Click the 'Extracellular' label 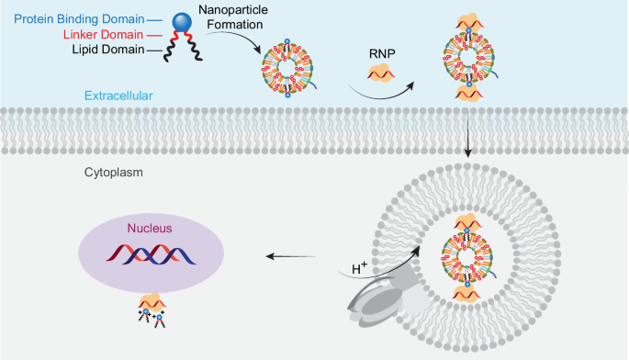pos(115,96)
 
